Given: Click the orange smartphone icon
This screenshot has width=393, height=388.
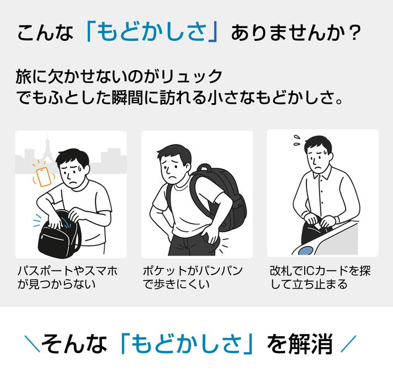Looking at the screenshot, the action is (44, 177).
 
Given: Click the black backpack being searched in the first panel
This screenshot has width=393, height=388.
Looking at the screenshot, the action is (60, 235).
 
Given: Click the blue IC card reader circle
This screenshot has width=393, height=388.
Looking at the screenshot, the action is (306, 251).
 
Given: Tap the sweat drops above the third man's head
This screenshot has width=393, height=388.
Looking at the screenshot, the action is (298, 140).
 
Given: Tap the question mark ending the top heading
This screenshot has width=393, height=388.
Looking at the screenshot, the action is (354, 33).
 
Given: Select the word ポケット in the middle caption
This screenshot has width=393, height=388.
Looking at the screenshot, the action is (164, 271).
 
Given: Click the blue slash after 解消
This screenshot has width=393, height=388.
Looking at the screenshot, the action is (348, 344).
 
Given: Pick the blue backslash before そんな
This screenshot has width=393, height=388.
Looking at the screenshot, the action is (32, 344).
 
